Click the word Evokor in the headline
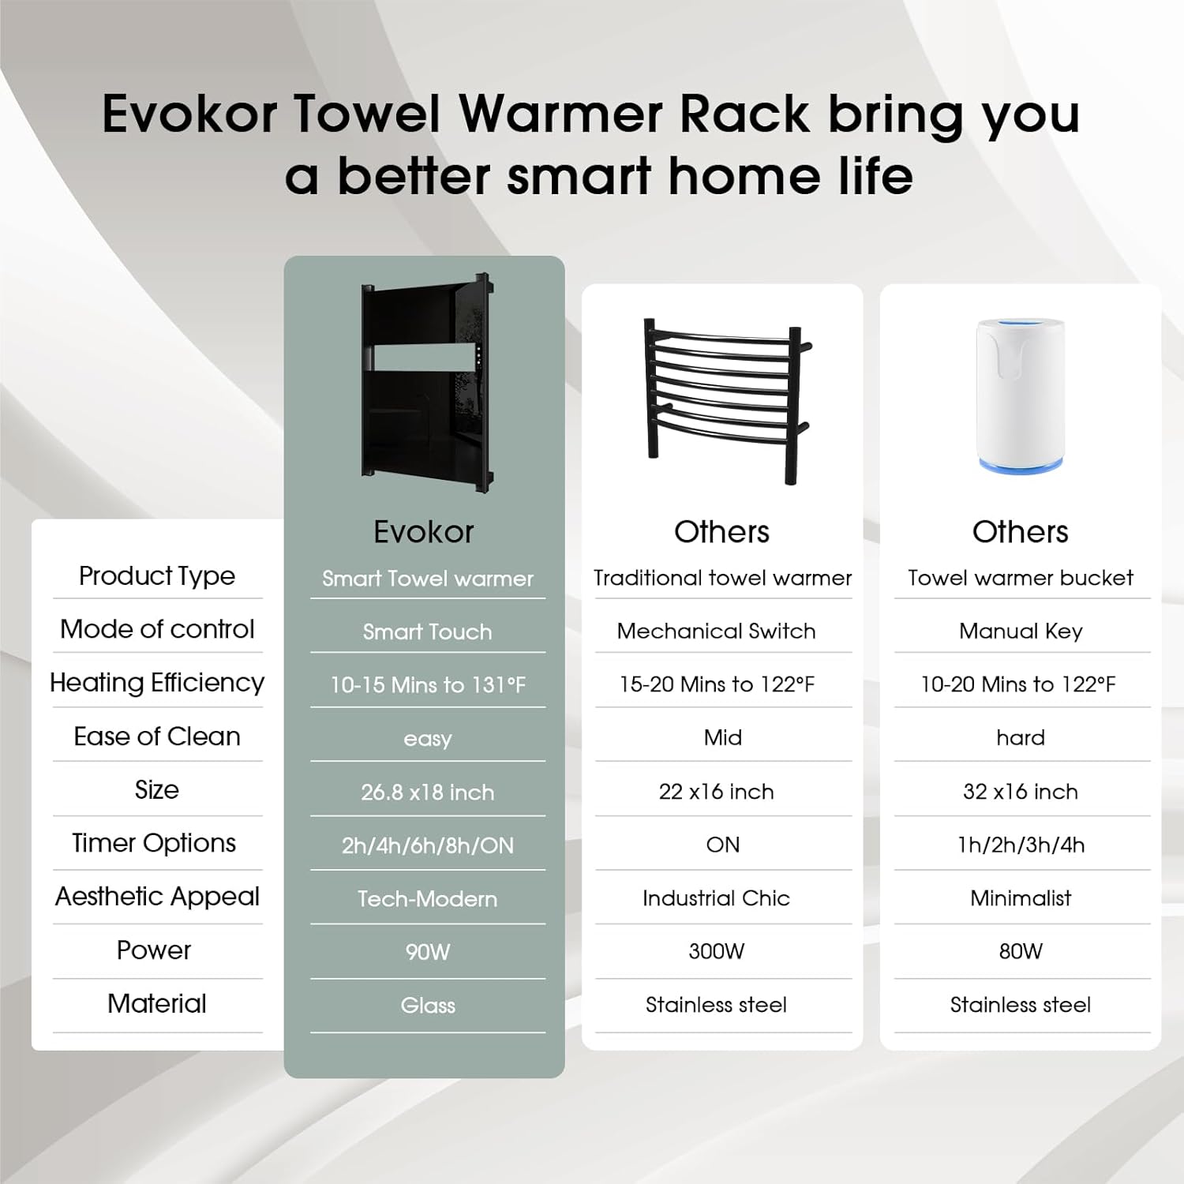tap(189, 114)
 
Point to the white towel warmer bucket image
tap(1021, 395)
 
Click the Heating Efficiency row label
tap(157, 683)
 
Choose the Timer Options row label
tap(154, 843)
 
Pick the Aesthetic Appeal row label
tap(157, 897)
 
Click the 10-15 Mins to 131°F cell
tap(427, 685)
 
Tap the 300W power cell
tap(716, 951)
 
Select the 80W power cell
tap(1021, 951)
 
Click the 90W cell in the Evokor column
tap(427, 952)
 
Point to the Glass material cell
tap(427, 1006)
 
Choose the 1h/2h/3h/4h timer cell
tap(1021, 845)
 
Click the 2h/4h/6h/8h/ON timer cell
tap(427, 846)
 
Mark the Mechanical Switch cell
tap(716, 631)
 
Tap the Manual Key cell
tap(1021, 631)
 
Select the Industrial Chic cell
tap(716, 898)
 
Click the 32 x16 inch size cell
tap(1021, 792)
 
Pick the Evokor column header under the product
tap(424, 532)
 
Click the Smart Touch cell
tap(427, 631)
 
